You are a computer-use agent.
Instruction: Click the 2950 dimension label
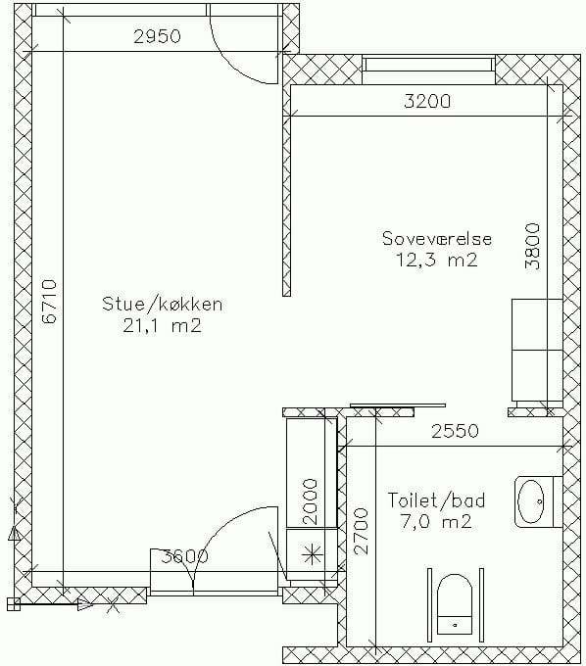(157, 36)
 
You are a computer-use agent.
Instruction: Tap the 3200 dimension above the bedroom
(427, 101)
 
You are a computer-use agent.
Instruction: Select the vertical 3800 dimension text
(532, 247)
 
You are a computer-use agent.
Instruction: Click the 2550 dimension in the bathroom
(455, 431)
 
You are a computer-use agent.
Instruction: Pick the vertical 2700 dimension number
(361, 531)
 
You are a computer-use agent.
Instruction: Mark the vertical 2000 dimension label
(310, 501)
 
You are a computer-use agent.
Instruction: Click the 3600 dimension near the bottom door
(185, 556)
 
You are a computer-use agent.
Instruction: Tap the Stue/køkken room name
(163, 305)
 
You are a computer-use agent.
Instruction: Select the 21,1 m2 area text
(162, 326)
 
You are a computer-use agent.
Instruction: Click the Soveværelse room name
(437, 238)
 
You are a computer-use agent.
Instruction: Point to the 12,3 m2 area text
(437, 260)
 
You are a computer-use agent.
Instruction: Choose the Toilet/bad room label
(436, 499)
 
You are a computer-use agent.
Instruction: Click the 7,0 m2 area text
(436, 521)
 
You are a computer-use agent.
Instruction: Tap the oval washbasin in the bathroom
(531, 501)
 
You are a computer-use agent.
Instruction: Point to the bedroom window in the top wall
(429, 65)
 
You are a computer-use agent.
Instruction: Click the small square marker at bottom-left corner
(13, 603)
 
